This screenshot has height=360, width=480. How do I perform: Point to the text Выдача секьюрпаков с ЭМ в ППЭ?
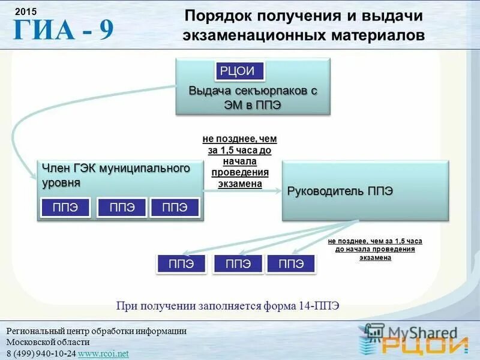point(252,97)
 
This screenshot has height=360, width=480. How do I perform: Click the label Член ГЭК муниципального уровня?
point(116,175)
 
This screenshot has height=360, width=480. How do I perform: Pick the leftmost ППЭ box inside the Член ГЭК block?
point(65,208)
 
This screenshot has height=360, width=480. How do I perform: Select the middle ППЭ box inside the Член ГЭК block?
point(122,208)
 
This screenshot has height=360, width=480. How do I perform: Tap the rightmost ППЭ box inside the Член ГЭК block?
point(175,208)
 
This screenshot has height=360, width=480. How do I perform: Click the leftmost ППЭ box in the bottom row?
point(181,264)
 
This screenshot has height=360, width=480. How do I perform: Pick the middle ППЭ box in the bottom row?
point(238,264)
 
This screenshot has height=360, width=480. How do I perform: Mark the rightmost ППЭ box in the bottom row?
point(291,264)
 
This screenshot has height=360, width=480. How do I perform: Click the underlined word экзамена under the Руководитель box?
point(375,257)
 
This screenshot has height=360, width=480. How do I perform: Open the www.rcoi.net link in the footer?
point(103,353)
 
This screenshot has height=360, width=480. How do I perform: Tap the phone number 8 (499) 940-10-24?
point(41,353)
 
